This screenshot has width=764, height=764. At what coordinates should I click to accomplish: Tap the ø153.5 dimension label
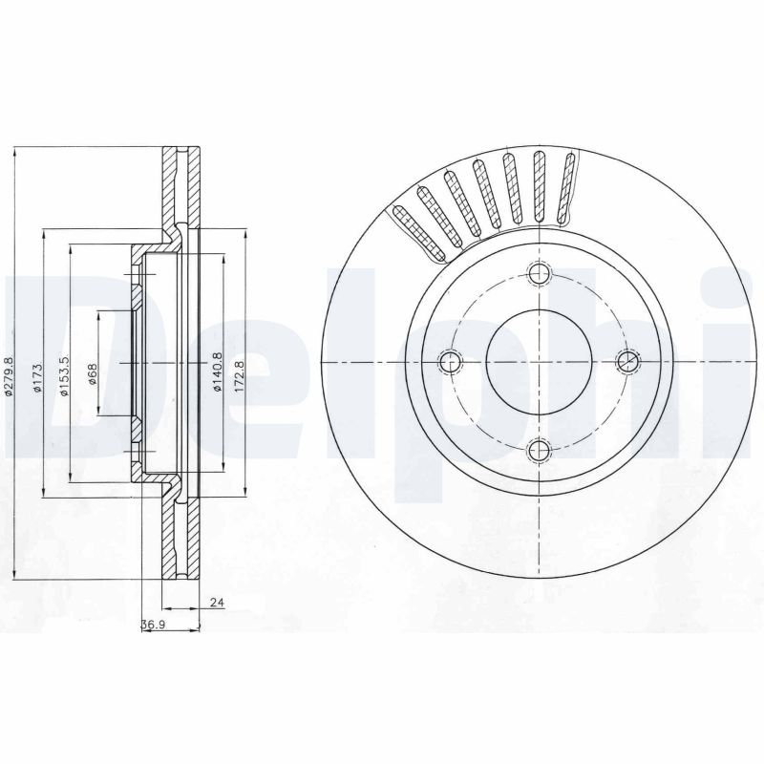[63, 374]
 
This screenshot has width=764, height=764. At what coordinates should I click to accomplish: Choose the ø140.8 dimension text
[218, 372]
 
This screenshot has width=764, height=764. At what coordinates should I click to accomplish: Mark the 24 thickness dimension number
[216, 603]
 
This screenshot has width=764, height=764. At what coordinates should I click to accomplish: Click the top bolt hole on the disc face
[541, 274]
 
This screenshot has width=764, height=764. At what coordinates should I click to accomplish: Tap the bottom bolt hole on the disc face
[541, 449]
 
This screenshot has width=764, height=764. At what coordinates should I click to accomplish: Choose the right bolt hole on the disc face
[627, 361]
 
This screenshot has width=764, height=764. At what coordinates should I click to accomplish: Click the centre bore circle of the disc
[541, 362]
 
